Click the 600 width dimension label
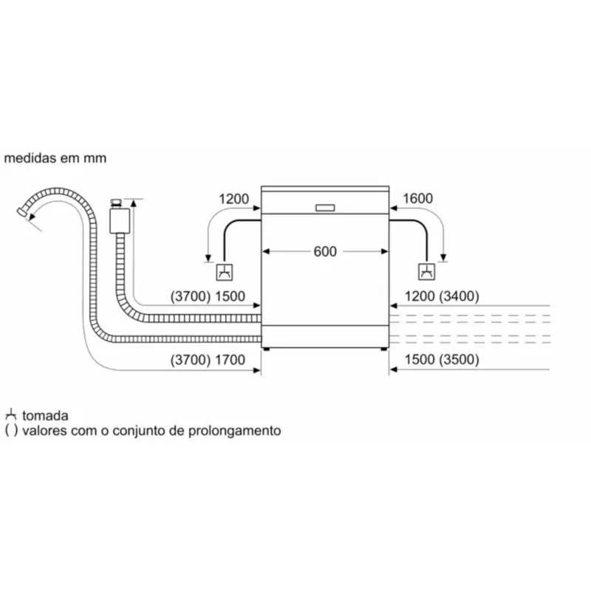coord(325,251)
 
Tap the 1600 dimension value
coord(417,198)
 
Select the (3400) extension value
coord(459,296)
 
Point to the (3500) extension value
coord(459,360)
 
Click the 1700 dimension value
coord(230,360)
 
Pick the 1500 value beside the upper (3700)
coord(230,297)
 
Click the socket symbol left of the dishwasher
coord(225,272)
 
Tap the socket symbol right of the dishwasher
coord(427,272)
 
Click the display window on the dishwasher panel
coord(325,208)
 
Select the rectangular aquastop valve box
coord(120,220)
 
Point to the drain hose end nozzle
coord(22,212)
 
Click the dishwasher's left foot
coord(267,349)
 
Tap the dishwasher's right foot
coord(383,349)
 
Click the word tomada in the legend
coord(45,416)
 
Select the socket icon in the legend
coord(11,414)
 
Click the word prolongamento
coord(234,431)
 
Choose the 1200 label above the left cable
coord(233,199)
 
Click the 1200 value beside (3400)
coord(420,296)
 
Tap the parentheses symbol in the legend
coord(11,431)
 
